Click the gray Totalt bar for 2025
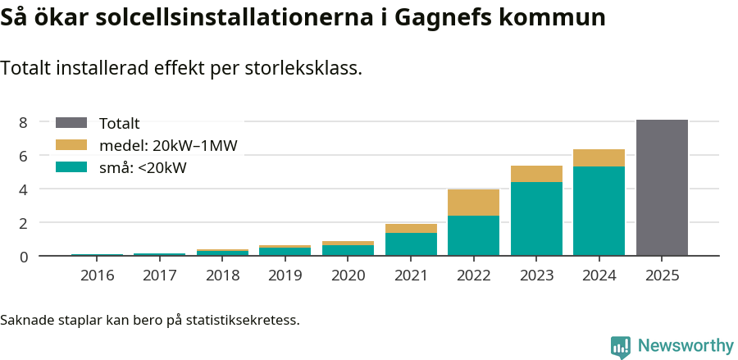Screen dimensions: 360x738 (662, 188)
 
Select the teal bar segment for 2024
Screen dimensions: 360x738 (599, 211)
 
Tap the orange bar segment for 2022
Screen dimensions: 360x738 (473, 203)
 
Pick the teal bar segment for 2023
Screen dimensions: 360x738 (536, 219)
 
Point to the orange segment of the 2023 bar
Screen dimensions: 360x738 (536, 174)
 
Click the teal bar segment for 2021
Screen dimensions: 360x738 (411, 244)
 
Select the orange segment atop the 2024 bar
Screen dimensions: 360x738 (599, 158)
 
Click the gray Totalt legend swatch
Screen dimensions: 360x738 (71, 123)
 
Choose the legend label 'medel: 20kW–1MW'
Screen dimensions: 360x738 (168, 146)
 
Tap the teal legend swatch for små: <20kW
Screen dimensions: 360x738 (71, 168)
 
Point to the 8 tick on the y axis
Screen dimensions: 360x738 (24, 122)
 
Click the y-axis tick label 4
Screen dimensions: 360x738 (24, 189)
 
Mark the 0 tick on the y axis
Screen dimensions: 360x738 (24, 257)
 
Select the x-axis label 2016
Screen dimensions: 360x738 (98, 275)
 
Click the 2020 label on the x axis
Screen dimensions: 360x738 (348, 275)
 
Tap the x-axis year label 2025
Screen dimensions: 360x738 (662, 275)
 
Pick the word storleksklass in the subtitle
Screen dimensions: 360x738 (303, 68)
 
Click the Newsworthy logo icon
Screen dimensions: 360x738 (621, 346)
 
